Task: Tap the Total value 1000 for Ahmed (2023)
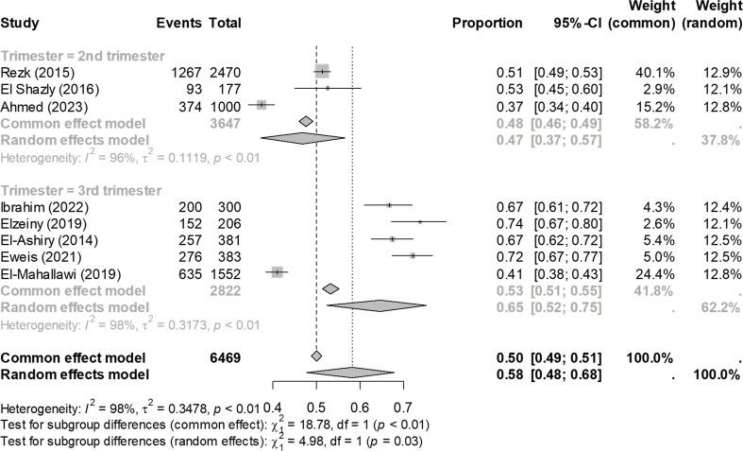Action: pyautogui.click(x=224, y=105)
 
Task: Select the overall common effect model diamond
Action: pyautogui.click(x=316, y=357)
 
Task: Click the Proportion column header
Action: pyautogui.click(x=487, y=22)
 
